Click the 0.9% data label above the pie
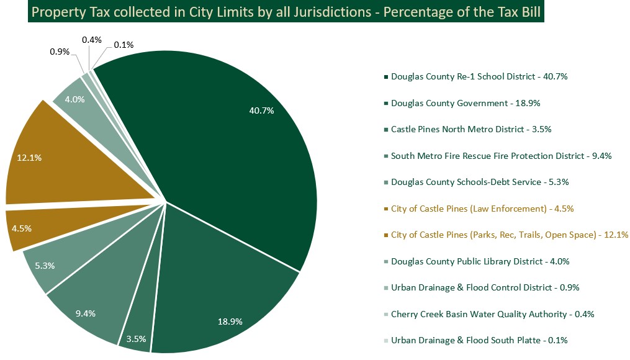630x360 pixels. point(60,52)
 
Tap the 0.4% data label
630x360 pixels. point(92,40)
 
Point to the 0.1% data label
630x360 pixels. point(124,45)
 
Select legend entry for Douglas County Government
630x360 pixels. point(461,103)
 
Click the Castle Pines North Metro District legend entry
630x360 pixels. point(471,129)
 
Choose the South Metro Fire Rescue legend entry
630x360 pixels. point(501,156)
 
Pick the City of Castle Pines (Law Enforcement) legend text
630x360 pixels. point(482,209)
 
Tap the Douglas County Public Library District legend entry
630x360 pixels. point(480,261)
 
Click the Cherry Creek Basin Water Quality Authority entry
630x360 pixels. point(492,314)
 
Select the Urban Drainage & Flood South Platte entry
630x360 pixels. point(479,340)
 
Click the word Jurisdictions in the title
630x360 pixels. point(320,12)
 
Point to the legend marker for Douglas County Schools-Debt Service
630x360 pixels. point(386,182)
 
